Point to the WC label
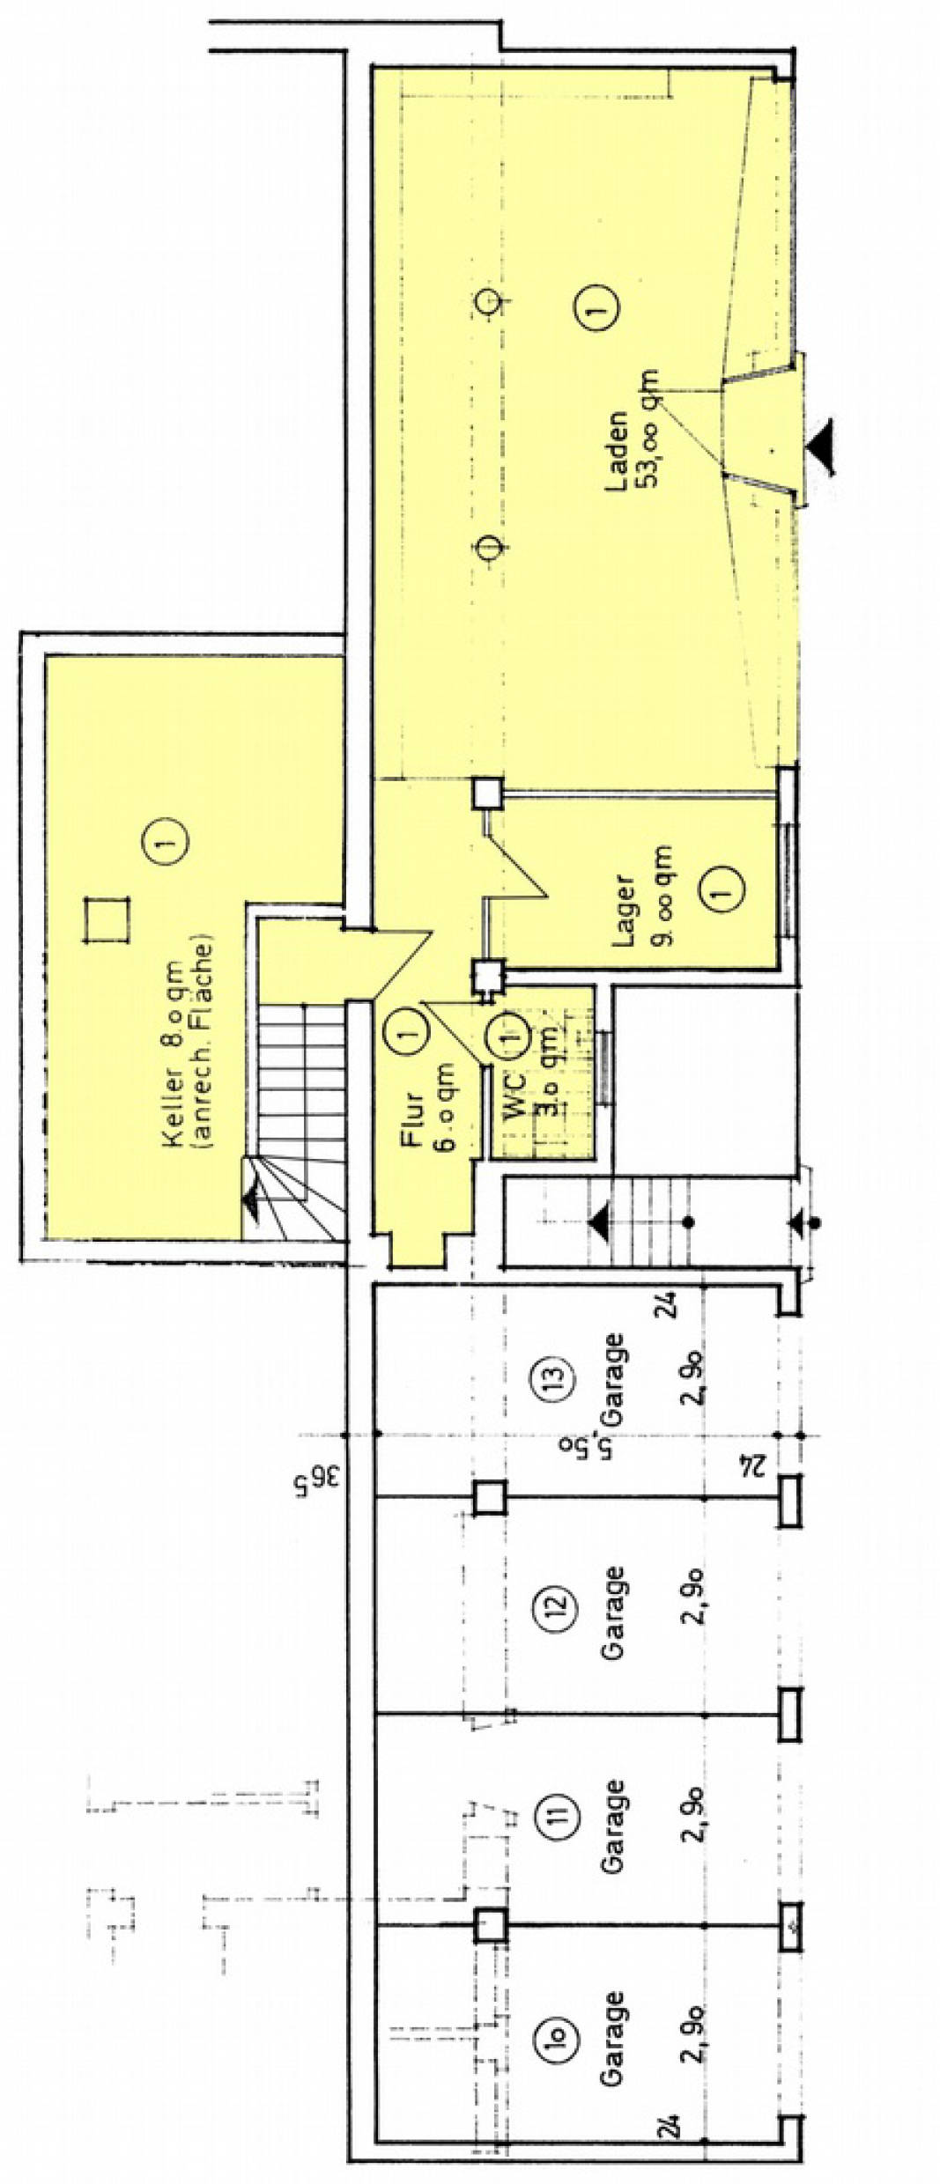[514, 1096]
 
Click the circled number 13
[560, 1376]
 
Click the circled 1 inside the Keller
[165, 845]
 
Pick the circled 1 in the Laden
[596, 307]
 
